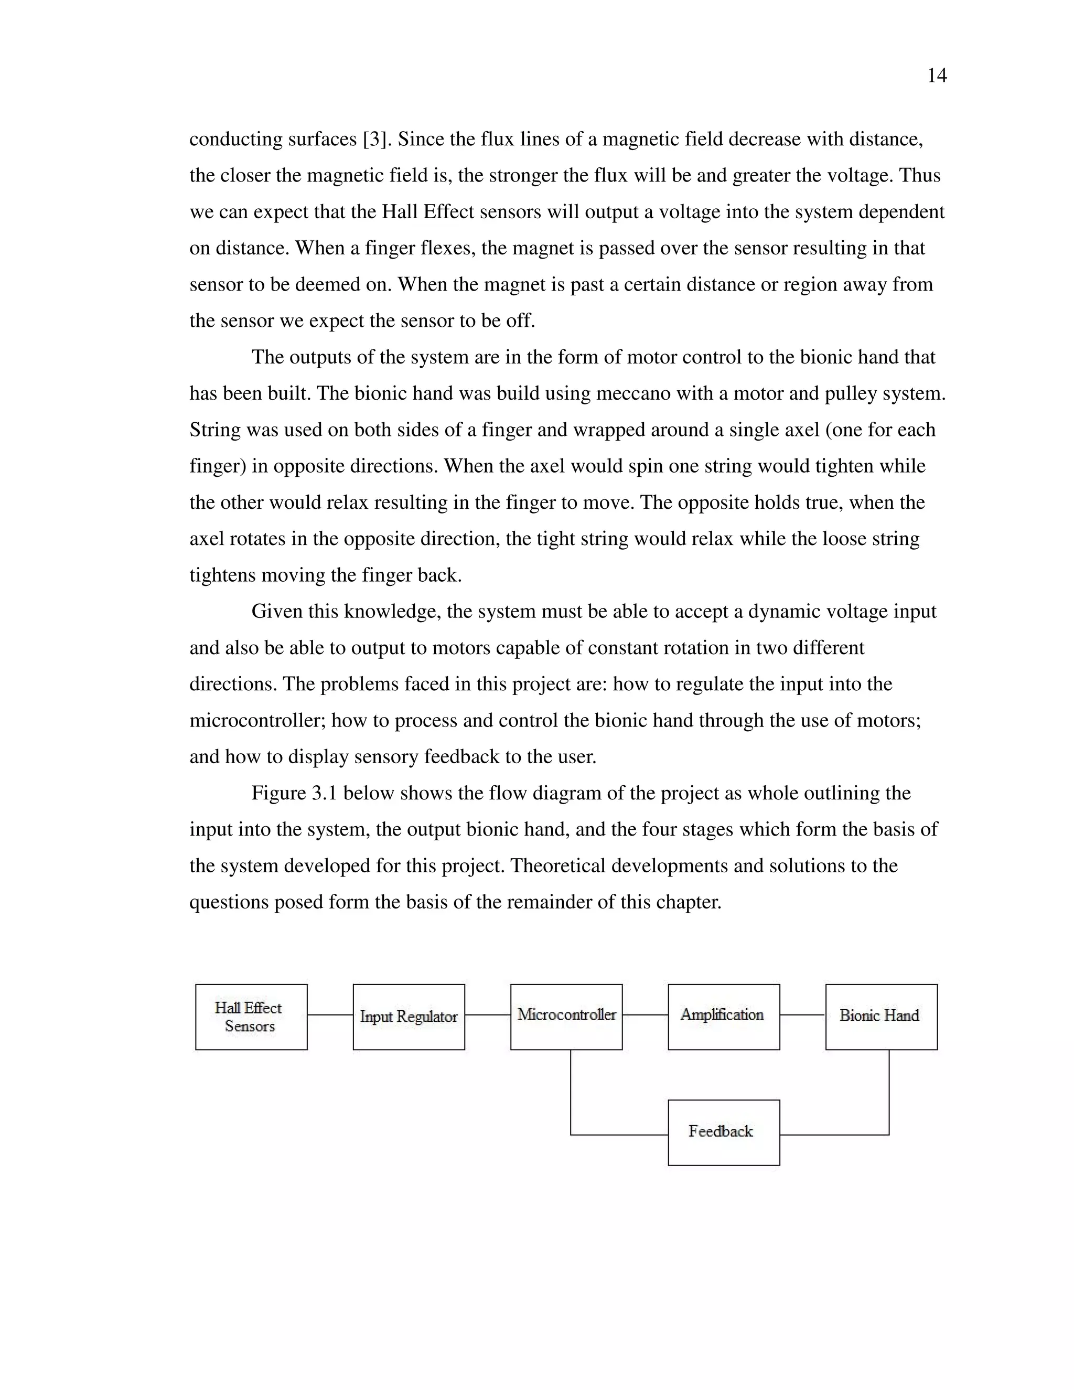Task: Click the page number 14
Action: click(x=937, y=76)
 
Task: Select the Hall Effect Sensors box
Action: click(x=251, y=1017)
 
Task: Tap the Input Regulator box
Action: click(x=409, y=1017)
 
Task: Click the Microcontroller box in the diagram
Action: click(x=566, y=1017)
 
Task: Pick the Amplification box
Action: click(x=723, y=1017)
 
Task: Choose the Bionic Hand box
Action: click(x=881, y=1017)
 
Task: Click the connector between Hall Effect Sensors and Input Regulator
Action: click(x=330, y=1014)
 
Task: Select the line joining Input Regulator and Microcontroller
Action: click(x=487, y=1014)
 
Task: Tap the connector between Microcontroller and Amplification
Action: click(x=645, y=1014)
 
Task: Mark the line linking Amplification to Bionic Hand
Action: click(x=802, y=1014)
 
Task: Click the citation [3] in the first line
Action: click(x=375, y=140)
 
